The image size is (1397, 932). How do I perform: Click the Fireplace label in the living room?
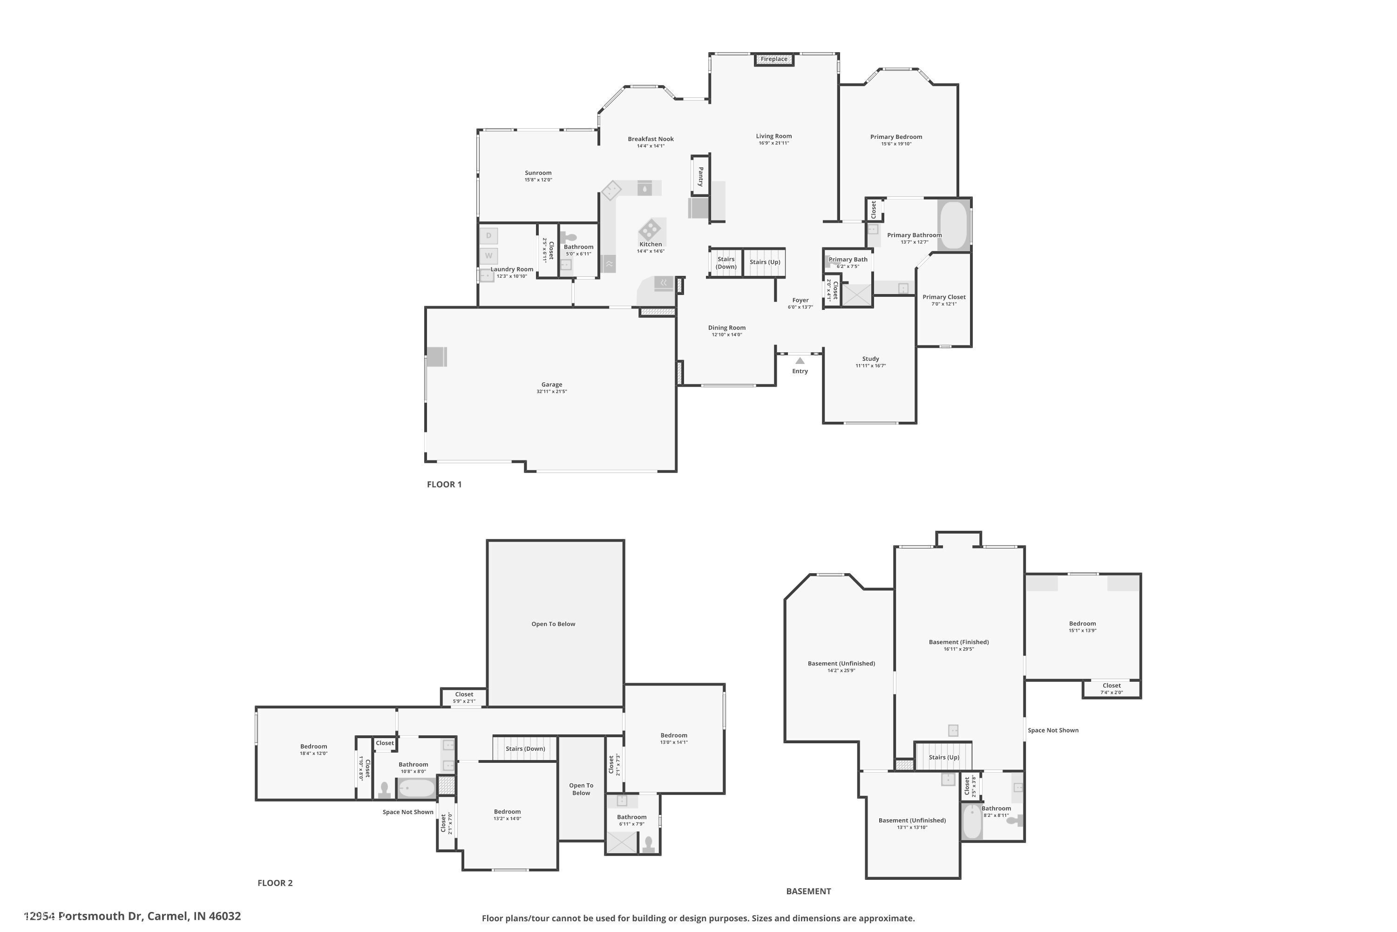coord(774,59)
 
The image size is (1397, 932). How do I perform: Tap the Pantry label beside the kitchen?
coord(701,176)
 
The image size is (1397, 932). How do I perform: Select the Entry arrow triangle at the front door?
coord(800,361)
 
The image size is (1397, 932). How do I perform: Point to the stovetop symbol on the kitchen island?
coord(649,229)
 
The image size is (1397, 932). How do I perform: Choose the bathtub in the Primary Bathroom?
coord(954,225)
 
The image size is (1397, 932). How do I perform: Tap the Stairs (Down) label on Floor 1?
coord(726,263)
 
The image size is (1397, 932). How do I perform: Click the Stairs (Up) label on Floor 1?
coord(765,262)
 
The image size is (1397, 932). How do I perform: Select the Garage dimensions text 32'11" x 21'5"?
coord(552,392)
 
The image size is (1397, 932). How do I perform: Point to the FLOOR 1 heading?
coord(444,485)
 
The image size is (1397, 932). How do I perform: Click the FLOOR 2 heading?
coord(275,883)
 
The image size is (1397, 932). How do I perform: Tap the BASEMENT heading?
coord(808,891)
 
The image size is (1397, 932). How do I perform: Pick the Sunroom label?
coord(538,173)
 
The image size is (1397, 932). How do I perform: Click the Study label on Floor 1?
coord(871,359)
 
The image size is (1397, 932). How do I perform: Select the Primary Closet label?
coord(944,297)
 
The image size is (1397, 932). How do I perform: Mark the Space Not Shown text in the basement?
coord(1053,731)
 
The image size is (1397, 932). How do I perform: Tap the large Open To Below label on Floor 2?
coord(553,624)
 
